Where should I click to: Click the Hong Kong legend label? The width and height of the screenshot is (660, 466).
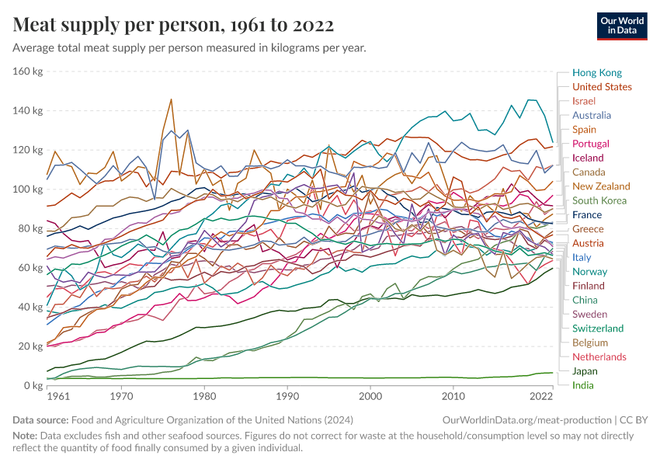pyautogui.click(x=596, y=72)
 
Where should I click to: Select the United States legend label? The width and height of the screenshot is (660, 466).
pyautogui.click(x=601, y=87)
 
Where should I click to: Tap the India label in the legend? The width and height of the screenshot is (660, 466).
pyautogui.click(x=583, y=385)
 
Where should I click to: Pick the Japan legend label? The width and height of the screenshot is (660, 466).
pyautogui.click(x=585, y=371)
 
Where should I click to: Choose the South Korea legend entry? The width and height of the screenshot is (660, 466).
pyautogui.click(x=599, y=200)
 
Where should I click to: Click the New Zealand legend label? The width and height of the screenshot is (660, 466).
pyautogui.click(x=601, y=186)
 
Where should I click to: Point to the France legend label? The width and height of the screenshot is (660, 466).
pyautogui.click(x=586, y=214)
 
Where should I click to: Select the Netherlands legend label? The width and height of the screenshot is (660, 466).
pyautogui.click(x=599, y=357)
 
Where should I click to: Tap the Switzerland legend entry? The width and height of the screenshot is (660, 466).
pyautogui.click(x=598, y=329)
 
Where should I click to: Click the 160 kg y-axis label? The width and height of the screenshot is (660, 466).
pyautogui.click(x=27, y=71)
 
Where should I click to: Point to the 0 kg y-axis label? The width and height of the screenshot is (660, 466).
pyautogui.click(x=33, y=385)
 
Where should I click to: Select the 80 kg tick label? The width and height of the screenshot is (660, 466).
pyautogui.click(x=30, y=228)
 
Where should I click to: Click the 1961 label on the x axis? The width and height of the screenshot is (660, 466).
pyautogui.click(x=57, y=397)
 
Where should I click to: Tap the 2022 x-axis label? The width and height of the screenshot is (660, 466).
pyautogui.click(x=540, y=397)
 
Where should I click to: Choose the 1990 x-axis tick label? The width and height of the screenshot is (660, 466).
pyautogui.click(x=287, y=397)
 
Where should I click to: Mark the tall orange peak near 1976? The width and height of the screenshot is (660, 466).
pyautogui.click(x=171, y=99)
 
